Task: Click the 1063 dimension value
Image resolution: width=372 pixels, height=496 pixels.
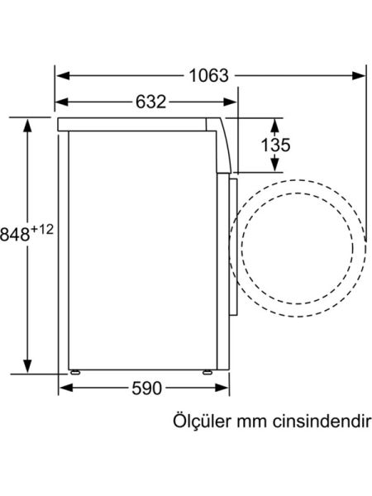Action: click(207, 75)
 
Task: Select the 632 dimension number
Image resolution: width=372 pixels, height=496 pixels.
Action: click(150, 103)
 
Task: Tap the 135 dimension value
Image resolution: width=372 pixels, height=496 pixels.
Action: click(274, 145)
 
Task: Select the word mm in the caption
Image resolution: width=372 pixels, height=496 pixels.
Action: click(253, 422)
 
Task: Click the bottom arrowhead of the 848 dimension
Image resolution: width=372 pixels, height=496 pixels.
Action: click(28, 367)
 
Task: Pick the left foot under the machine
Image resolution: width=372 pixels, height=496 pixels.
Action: click(76, 371)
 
